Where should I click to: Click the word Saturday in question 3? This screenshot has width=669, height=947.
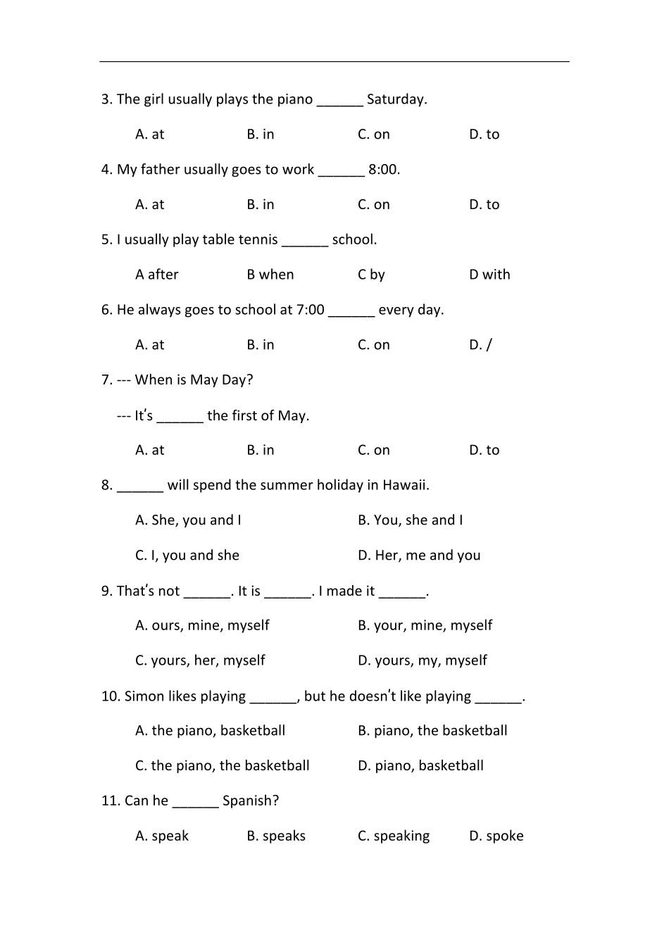point(396,99)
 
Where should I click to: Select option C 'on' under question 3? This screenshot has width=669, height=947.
point(373,134)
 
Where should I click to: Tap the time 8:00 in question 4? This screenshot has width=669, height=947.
point(384,170)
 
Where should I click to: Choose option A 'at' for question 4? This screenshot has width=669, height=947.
point(149,205)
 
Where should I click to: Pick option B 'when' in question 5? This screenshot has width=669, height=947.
point(270,275)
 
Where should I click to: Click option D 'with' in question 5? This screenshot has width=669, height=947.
point(489,275)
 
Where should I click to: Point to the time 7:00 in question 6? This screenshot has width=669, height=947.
point(311,310)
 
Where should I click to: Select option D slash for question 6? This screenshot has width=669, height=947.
point(480,345)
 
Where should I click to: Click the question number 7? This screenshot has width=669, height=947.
point(106,380)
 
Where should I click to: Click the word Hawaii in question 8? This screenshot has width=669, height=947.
point(405,485)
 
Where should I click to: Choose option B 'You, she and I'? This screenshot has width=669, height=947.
point(410,520)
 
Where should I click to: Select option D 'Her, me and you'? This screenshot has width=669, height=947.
point(418,556)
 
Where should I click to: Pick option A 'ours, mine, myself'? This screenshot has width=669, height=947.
point(202,625)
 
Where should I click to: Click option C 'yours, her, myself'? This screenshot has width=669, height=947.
point(200,660)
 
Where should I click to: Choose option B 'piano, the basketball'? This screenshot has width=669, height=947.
point(432,731)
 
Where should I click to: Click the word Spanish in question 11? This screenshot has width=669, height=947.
point(250,801)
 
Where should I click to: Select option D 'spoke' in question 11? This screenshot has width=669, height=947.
point(496,836)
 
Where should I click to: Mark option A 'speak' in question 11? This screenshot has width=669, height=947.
point(162,836)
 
